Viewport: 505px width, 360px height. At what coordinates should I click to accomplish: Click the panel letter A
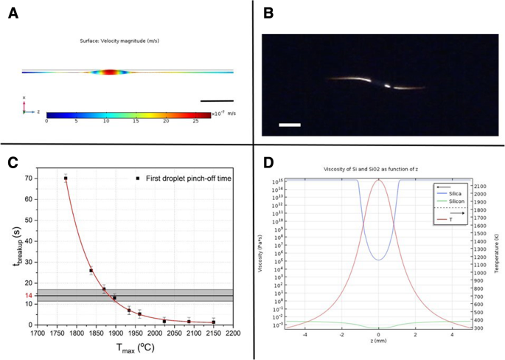tap(13, 13)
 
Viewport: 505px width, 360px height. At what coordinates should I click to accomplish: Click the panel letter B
tap(268, 13)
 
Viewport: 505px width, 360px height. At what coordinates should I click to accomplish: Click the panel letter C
tap(13, 162)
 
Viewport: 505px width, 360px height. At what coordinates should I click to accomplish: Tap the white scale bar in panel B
tap(290, 125)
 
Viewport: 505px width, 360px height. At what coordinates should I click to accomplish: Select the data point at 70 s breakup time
tap(66, 179)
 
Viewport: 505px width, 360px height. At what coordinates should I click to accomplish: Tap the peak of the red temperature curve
tap(378, 180)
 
